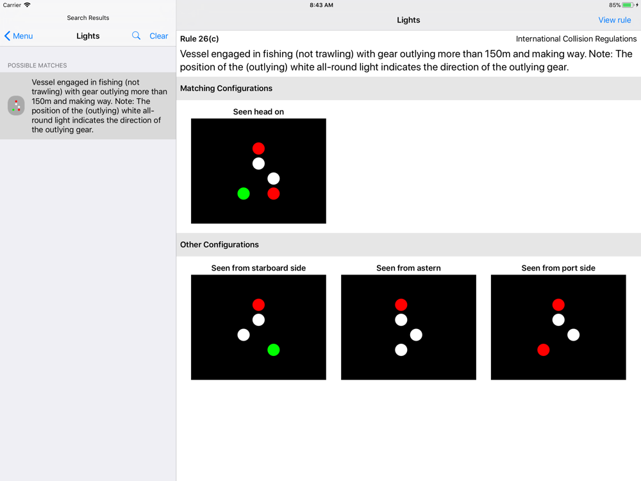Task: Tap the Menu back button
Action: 19,36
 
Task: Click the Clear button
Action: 158,36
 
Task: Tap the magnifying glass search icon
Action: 136,35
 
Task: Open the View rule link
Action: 615,20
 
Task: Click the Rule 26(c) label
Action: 199,39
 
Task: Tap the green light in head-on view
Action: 244,194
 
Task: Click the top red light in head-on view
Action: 258,149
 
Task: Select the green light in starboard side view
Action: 274,350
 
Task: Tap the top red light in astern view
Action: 401,305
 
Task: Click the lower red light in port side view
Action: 544,350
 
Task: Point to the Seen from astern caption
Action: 408,268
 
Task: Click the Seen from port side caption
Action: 558,268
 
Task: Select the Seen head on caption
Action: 258,112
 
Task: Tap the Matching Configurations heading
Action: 226,89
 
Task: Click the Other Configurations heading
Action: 219,244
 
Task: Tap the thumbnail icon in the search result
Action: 17,106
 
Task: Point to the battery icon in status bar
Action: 628,5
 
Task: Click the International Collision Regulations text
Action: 576,39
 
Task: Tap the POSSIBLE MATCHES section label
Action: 37,65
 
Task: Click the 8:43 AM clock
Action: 321,5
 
